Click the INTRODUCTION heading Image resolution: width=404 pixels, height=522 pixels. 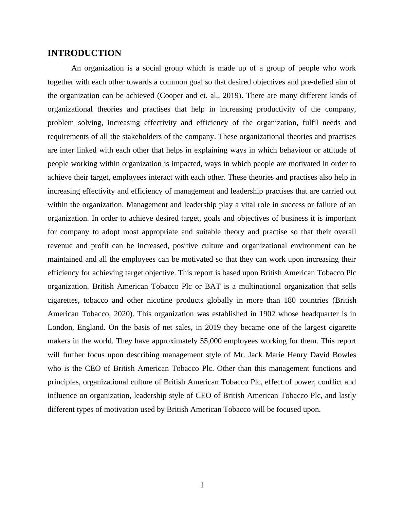pyautogui.click(x=84, y=53)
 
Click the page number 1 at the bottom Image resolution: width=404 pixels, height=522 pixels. pyautogui.click(x=202, y=485)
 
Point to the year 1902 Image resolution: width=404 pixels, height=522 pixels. pyautogui.click(x=267, y=314)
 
